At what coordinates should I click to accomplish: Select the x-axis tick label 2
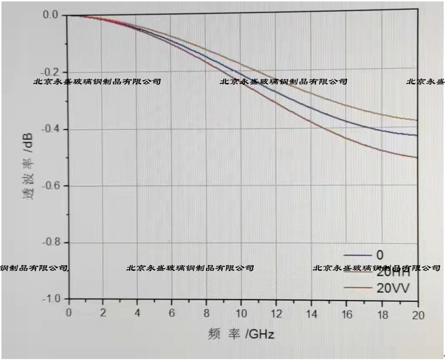102,313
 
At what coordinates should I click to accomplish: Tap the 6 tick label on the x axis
172,313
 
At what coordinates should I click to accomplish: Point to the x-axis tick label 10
241,313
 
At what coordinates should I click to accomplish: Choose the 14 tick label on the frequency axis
311,313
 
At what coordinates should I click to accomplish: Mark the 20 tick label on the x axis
417,313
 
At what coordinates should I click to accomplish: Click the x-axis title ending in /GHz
241,334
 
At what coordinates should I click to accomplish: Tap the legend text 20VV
393,288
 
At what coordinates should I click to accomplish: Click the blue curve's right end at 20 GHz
417,135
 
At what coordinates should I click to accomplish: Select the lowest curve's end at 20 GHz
417,157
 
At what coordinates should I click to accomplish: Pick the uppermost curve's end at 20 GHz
417,120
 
